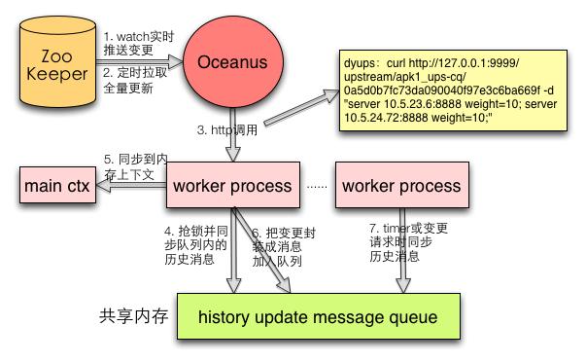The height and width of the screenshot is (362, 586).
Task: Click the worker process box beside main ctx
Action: click(x=232, y=185)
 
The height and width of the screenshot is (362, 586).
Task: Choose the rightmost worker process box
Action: click(x=401, y=185)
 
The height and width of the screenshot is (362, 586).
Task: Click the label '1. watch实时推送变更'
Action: click(x=137, y=42)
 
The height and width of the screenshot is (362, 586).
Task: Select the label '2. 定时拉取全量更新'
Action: click(x=137, y=80)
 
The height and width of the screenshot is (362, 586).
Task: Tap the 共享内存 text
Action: click(x=134, y=317)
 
